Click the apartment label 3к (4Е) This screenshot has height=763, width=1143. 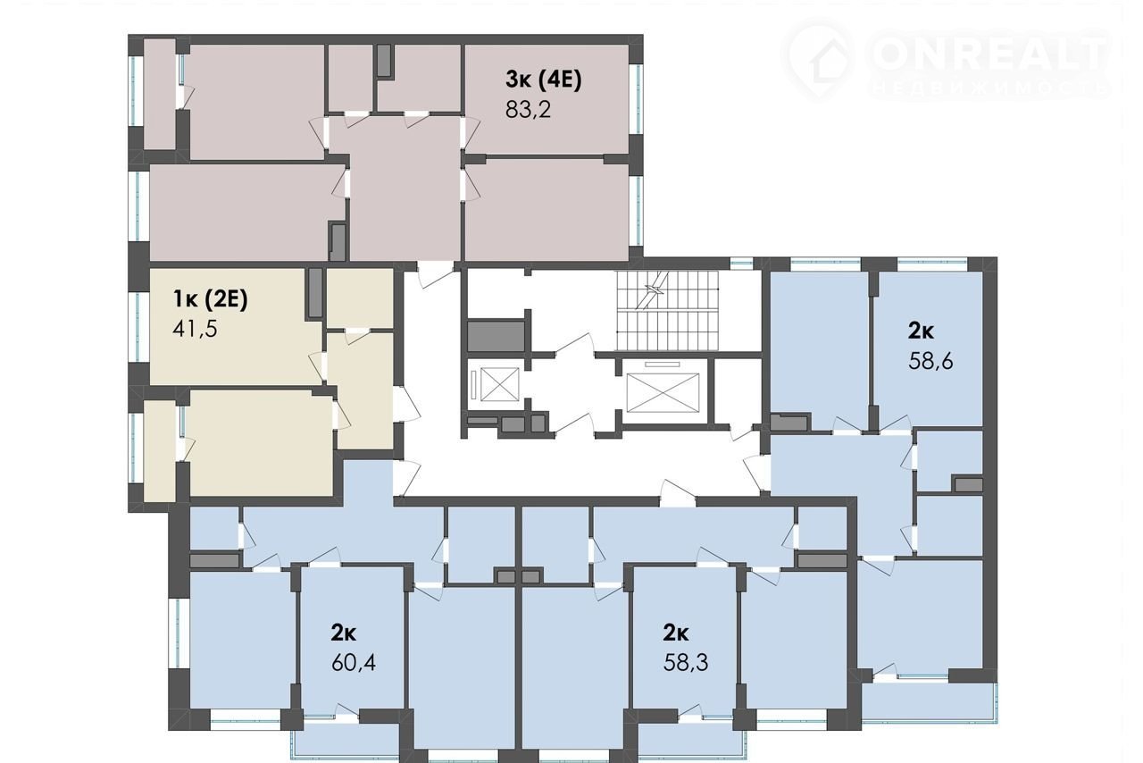coord(544,80)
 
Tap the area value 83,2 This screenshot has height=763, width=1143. coord(528,109)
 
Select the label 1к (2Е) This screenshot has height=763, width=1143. coord(210,298)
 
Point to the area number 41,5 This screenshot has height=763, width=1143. coord(195,329)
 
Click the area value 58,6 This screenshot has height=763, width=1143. coord(930,361)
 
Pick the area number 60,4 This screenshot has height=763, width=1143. coord(354,663)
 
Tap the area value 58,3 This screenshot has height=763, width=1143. coord(686,663)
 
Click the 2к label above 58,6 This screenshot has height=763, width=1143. coord(921,331)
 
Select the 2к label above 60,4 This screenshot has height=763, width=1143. coord(344,633)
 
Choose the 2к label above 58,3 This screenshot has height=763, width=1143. coord(676,633)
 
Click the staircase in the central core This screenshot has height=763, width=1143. coord(667,311)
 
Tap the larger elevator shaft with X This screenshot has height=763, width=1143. coord(663,392)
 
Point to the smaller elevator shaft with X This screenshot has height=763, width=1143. coord(499,384)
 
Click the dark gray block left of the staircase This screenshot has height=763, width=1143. coord(496,336)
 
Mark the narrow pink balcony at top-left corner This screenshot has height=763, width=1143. coord(160,95)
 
